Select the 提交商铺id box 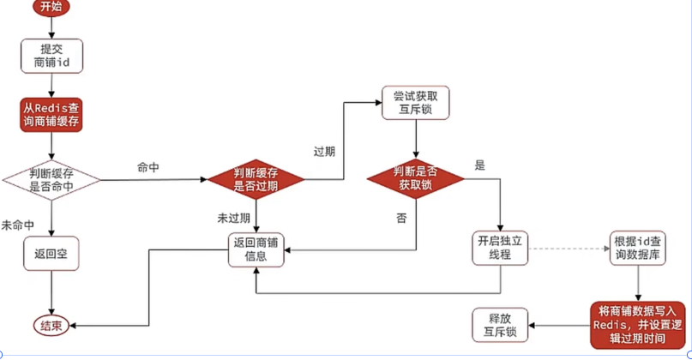51,54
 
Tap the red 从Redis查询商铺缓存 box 51,117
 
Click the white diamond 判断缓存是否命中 51,180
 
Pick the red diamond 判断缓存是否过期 256,179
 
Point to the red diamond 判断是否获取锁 416,179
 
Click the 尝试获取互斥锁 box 415,102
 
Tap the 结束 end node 51,325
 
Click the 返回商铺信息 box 256,249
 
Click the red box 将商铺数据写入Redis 639,325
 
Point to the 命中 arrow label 149,167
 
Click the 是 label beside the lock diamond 479,165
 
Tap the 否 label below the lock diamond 401,218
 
